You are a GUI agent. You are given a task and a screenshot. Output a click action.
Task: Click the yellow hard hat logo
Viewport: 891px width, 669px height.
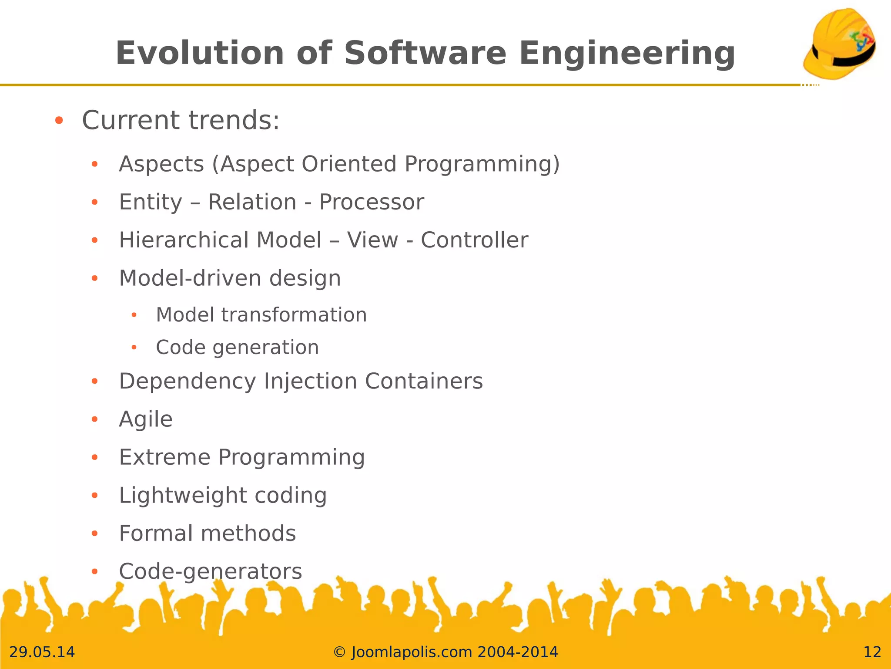point(839,44)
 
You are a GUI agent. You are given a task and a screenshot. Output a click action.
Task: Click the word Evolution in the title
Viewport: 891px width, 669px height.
point(200,53)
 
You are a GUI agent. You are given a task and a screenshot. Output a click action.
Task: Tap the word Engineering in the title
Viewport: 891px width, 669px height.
point(626,53)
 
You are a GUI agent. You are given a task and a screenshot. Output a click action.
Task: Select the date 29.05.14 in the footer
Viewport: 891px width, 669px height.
point(42,652)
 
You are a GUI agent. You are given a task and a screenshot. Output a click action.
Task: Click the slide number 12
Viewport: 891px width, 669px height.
point(872,652)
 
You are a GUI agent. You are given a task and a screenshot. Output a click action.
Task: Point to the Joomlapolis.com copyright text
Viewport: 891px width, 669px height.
point(445,652)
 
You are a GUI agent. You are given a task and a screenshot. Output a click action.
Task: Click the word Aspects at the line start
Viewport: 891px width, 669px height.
point(161,164)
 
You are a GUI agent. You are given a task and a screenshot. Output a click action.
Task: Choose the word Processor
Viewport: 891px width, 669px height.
point(371,202)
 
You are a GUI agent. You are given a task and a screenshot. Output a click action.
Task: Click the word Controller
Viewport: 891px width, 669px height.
point(474,240)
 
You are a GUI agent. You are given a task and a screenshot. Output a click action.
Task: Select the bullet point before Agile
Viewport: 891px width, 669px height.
point(95,419)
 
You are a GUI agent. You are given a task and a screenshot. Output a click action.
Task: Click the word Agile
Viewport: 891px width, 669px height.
point(146,419)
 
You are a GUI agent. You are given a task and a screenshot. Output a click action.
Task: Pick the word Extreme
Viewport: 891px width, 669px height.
point(164,457)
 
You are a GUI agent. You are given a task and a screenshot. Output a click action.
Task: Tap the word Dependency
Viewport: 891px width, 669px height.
point(188,382)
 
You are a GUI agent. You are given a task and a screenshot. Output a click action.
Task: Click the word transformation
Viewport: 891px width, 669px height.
point(294,315)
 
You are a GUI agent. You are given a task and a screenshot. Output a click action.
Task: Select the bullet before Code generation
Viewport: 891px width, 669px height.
point(134,348)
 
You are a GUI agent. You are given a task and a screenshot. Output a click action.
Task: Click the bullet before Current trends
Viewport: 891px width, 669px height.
point(59,121)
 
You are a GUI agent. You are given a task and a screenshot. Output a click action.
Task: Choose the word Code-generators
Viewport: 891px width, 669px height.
point(210,571)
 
